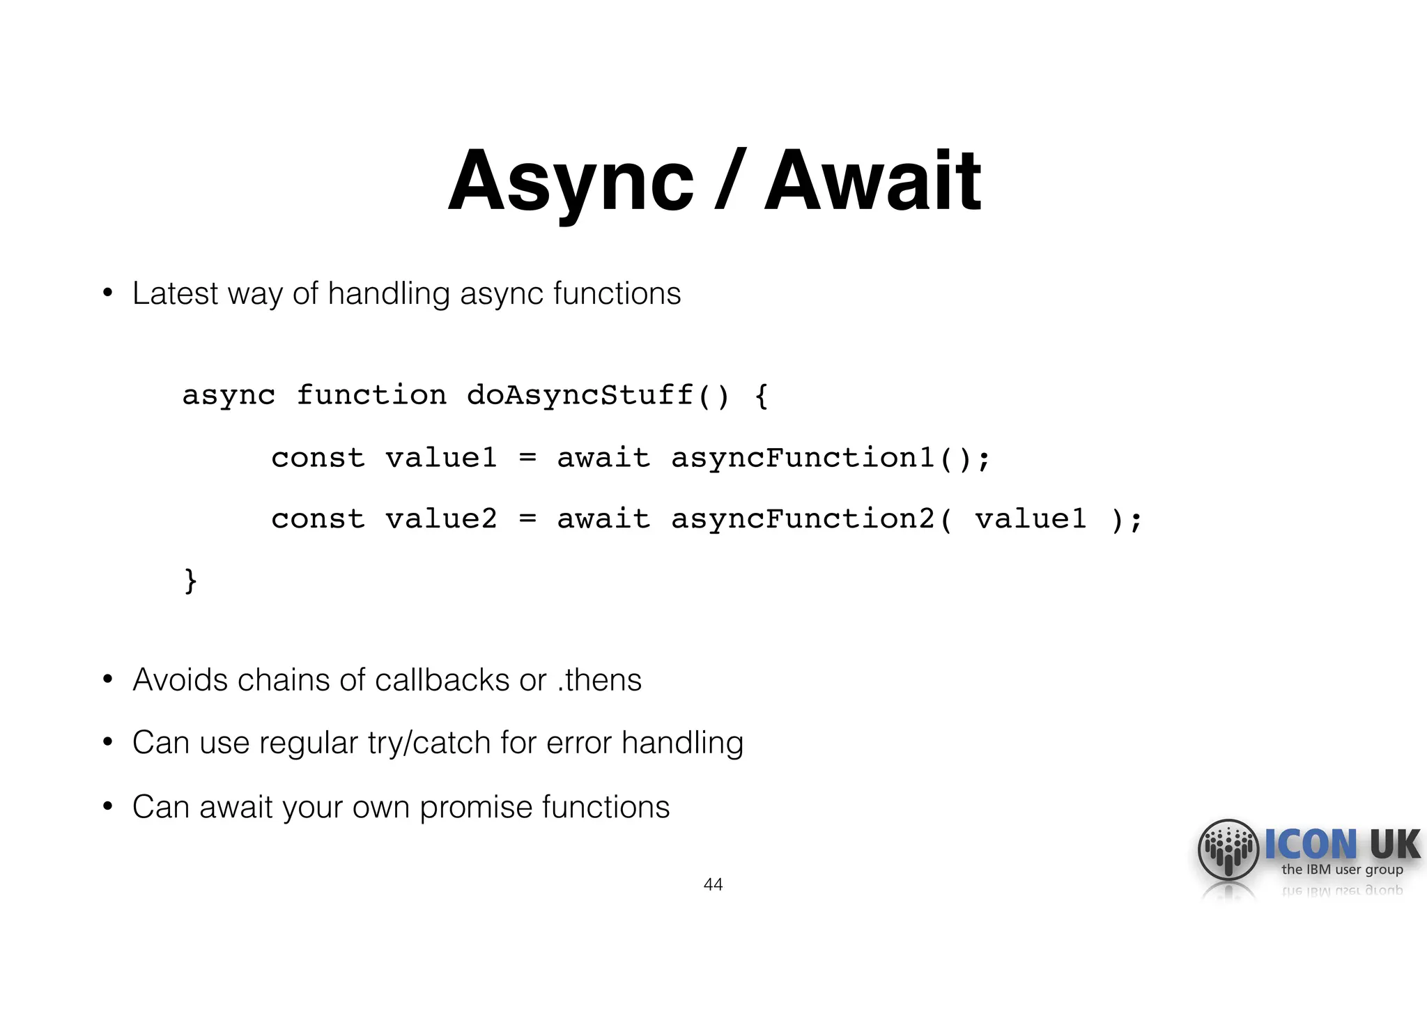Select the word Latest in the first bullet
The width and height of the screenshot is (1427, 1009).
pos(174,293)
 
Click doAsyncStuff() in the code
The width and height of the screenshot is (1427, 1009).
pos(598,395)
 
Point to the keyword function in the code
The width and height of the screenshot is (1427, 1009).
pos(371,395)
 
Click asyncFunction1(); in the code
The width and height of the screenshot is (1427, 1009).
pos(830,458)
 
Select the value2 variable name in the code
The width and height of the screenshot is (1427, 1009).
pos(441,519)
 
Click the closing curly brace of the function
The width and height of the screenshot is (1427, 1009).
pos(190,580)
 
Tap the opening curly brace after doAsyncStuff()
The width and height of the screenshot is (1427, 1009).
pos(762,396)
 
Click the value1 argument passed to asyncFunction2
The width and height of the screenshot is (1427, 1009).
pos(1031,519)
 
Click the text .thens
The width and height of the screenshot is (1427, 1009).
pos(599,680)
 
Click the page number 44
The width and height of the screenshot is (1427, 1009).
pos(713,884)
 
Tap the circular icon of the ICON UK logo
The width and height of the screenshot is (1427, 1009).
pos(1228,850)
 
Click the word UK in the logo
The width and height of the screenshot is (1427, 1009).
pos(1394,845)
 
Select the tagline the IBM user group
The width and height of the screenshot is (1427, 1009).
pos(1342,870)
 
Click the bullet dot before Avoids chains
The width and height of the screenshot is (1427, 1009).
pos(107,679)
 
